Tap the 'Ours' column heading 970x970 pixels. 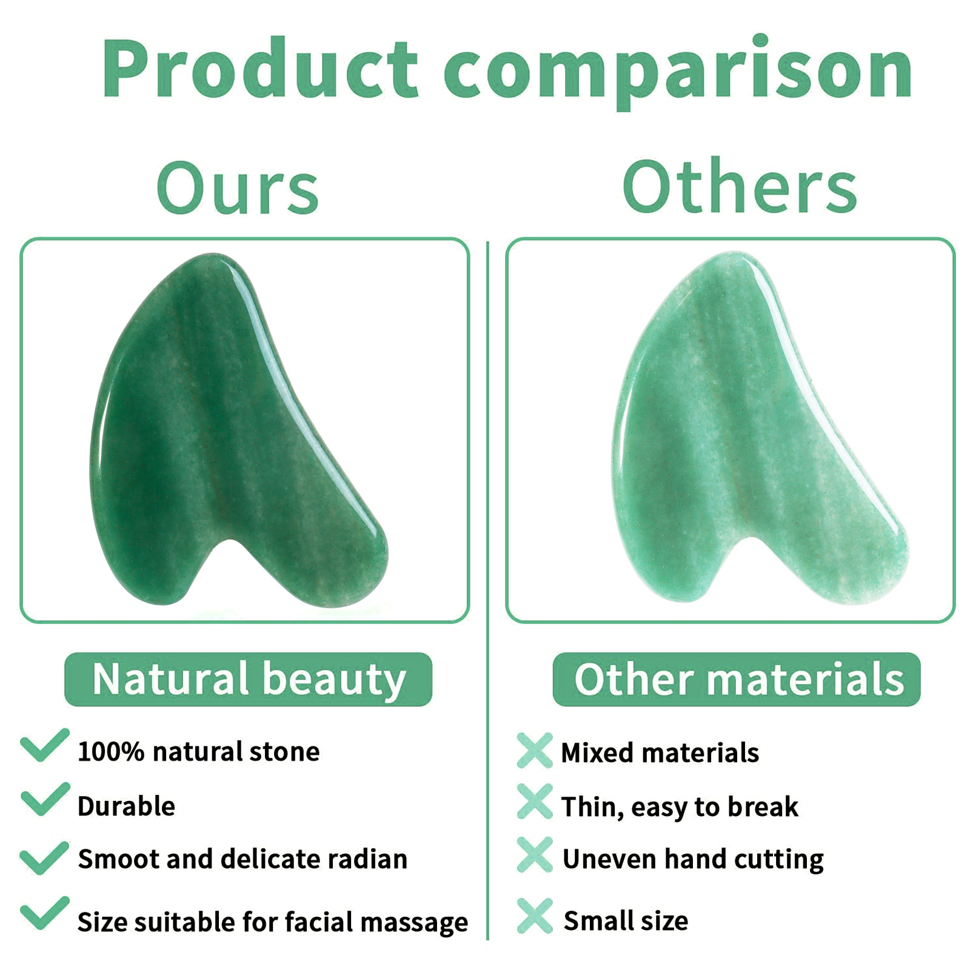tap(237, 187)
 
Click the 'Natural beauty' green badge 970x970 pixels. tap(248, 679)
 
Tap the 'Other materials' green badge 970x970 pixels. tap(737, 679)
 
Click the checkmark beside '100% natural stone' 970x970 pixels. tap(44, 745)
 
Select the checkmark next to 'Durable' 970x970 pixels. tap(45, 799)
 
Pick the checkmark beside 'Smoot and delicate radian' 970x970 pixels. tap(44, 858)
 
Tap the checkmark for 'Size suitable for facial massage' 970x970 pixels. tap(44, 912)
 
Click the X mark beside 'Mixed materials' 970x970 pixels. tap(535, 751)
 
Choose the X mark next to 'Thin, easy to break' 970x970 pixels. tap(535, 801)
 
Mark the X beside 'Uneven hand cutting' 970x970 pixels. tap(535, 855)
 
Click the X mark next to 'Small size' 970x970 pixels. tap(535, 915)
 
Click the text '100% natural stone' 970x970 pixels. tap(198, 752)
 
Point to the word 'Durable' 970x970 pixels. tap(126, 806)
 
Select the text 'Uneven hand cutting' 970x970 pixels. tap(693, 860)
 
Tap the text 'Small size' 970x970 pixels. tap(626, 921)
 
